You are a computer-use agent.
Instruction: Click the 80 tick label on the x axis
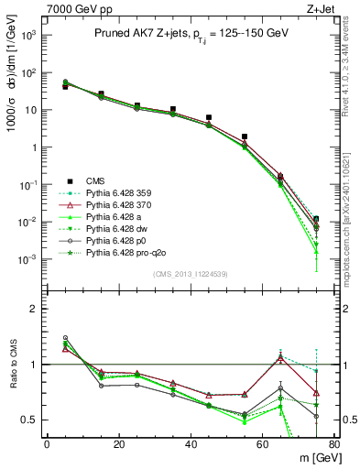coord(334,445)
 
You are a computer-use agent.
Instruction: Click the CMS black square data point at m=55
coord(245,136)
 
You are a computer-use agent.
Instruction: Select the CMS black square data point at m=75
coord(316,219)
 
